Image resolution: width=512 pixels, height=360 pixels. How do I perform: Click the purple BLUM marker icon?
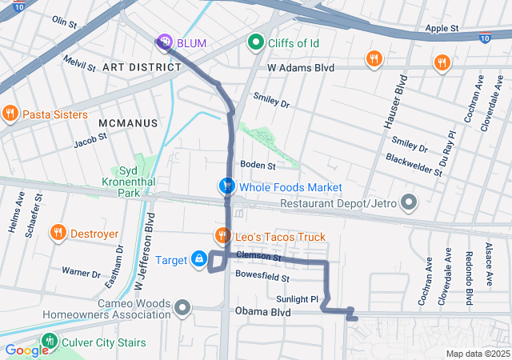click(164, 41)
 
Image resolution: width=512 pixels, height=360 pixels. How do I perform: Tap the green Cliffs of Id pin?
click(256, 41)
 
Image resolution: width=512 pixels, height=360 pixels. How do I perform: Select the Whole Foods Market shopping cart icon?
click(227, 186)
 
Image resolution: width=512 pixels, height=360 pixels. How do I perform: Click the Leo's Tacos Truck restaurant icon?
click(222, 236)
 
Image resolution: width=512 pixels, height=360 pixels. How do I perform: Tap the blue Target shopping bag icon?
click(198, 259)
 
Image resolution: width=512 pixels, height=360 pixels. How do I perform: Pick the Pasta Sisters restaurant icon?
click(10, 114)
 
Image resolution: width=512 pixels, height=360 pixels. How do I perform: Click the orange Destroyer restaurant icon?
click(58, 234)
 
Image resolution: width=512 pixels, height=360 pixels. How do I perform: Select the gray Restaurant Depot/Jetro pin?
click(409, 203)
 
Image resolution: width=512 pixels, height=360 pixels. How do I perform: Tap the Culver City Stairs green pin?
click(50, 342)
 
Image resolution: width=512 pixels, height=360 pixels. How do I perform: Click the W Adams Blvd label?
click(300, 69)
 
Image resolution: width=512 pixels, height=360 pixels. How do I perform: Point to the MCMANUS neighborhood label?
click(126, 122)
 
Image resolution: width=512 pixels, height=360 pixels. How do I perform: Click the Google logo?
click(26, 350)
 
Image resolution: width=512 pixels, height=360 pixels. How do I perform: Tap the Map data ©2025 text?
click(477, 354)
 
